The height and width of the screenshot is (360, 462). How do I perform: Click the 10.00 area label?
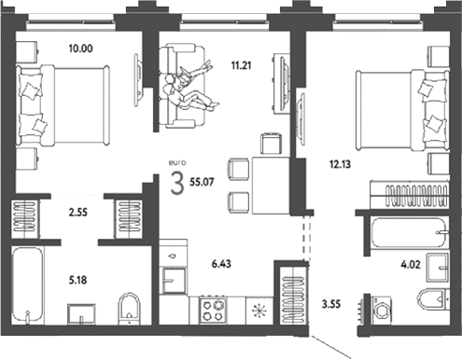point(81,48)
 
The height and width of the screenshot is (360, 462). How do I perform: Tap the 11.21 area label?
point(241,65)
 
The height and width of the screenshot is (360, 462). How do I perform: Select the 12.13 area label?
point(340,164)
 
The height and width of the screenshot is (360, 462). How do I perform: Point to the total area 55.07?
point(202,182)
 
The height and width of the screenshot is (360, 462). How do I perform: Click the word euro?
point(177,162)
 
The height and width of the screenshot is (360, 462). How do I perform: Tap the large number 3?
point(177,184)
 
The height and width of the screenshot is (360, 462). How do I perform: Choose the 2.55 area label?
point(77,213)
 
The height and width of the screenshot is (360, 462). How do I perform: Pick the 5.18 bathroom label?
point(77,280)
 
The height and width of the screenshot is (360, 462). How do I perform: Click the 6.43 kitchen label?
point(221,264)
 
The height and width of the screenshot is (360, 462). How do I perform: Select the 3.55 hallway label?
point(331,304)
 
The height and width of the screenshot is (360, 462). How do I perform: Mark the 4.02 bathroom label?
point(411,265)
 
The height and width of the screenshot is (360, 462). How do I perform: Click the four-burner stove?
point(213,311)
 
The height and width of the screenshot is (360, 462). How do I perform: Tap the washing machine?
point(381,310)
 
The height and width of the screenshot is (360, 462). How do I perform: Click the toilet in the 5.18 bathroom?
point(129,308)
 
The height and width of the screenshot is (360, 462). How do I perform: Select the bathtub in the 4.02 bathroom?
point(409,232)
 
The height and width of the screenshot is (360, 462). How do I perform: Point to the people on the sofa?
point(189,87)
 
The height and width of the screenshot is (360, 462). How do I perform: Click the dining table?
point(271,186)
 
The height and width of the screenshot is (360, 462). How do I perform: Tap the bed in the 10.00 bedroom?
point(63,105)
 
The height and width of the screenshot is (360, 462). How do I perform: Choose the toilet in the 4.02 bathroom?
point(433,299)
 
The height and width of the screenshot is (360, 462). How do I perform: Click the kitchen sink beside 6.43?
point(175,281)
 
